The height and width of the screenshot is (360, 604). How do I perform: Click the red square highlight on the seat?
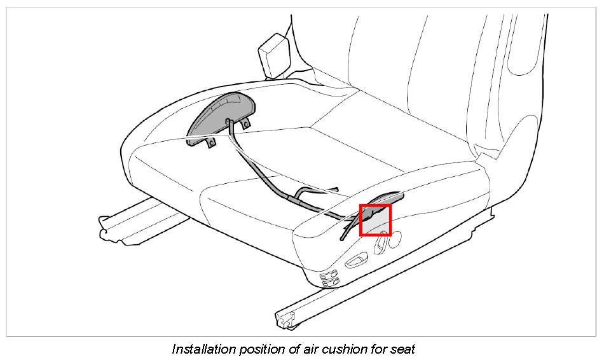coord(375,219)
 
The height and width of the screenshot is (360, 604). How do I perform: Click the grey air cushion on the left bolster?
coord(219,114)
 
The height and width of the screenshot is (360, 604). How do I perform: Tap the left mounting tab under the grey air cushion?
coord(208,143)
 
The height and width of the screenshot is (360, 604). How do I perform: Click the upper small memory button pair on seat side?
coord(331,275)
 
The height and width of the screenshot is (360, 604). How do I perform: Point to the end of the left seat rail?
coord(105,228)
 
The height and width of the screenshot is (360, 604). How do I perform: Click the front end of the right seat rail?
coord(283,317)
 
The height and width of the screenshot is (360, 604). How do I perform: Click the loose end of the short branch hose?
coord(336,189)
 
